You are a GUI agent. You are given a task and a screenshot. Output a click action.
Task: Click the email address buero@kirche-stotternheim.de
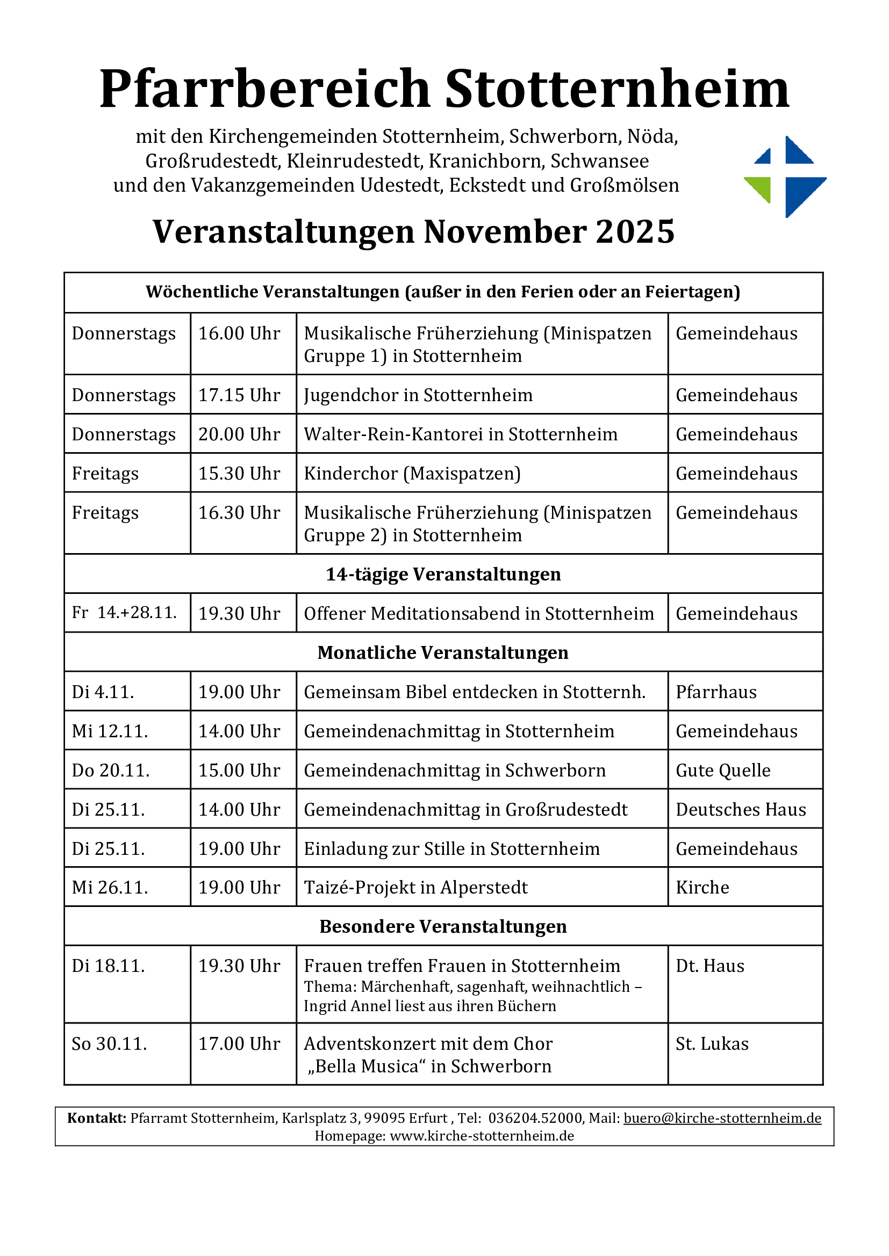point(722,1118)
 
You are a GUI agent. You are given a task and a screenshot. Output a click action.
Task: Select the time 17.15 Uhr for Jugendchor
point(239,395)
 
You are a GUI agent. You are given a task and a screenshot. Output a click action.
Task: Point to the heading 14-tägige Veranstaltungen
point(443,575)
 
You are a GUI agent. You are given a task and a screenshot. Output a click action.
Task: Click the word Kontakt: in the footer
point(96,1118)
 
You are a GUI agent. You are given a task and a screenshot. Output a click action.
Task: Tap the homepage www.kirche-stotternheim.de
point(482,1136)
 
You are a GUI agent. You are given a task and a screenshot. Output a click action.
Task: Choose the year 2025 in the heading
point(635,231)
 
